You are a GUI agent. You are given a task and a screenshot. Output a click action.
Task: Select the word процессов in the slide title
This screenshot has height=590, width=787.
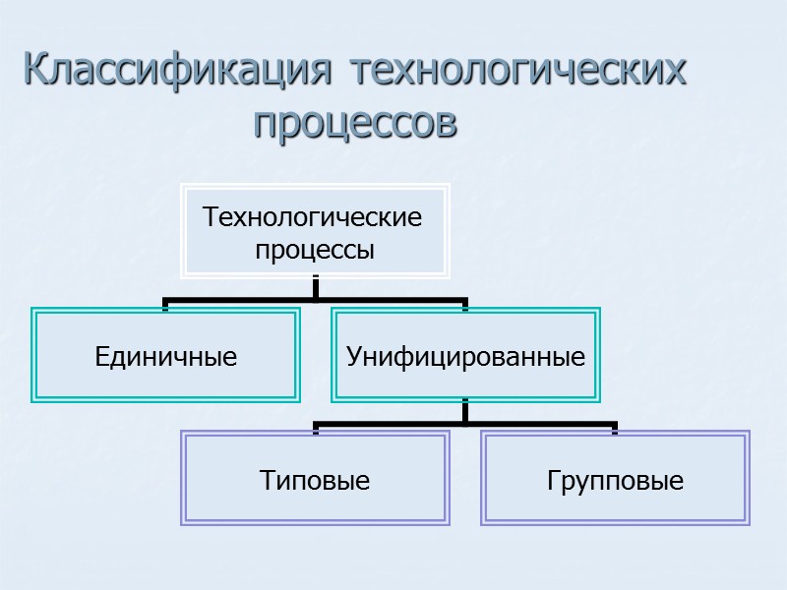pyautogui.click(x=355, y=124)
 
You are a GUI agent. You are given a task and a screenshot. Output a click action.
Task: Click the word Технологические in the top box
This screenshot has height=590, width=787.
pyautogui.click(x=312, y=216)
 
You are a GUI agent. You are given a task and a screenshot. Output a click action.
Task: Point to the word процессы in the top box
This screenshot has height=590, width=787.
pyautogui.click(x=315, y=250)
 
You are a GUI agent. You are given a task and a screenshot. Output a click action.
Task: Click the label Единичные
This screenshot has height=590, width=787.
pyautogui.click(x=165, y=357)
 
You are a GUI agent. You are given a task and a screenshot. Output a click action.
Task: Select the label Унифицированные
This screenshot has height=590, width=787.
pyautogui.click(x=465, y=357)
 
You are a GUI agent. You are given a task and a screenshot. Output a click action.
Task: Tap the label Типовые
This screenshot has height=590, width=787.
pyautogui.click(x=315, y=481)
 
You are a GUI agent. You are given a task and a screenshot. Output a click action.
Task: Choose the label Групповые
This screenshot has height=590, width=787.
pyautogui.click(x=615, y=481)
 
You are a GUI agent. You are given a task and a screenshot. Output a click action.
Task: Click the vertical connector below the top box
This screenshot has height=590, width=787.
pyautogui.click(x=315, y=287)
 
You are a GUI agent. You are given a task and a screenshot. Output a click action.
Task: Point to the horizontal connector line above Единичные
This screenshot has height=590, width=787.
pyautogui.click(x=236, y=300)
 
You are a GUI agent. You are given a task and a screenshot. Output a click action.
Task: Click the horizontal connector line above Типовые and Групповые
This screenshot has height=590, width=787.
pyautogui.click(x=465, y=425)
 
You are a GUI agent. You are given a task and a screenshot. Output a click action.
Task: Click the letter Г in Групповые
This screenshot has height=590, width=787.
pyautogui.click(x=553, y=481)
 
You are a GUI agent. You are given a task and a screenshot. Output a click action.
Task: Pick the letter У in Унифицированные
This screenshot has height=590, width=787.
pyautogui.click(x=352, y=357)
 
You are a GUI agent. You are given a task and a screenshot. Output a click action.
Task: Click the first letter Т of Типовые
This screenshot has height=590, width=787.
pyautogui.click(x=266, y=481)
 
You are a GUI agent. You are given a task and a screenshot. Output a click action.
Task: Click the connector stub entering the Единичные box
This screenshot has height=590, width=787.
pyautogui.click(x=165, y=305)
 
